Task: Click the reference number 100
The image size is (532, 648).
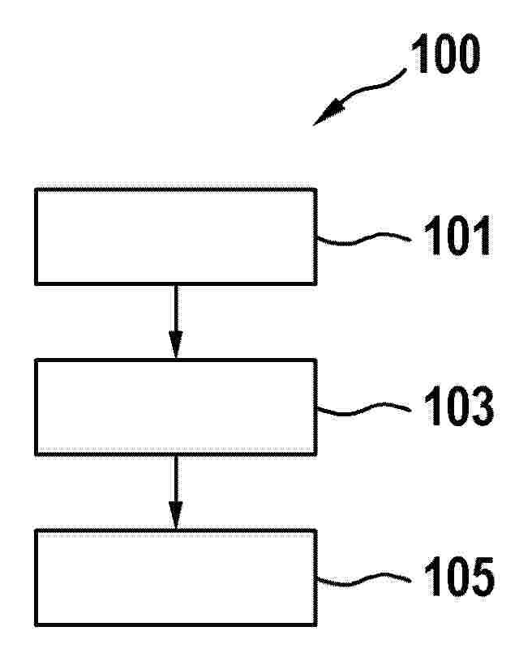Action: click(445, 53)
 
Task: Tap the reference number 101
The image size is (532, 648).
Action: click(457, 236)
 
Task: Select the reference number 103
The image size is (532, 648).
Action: click(459, 406)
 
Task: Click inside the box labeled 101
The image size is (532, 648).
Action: click(176, 237)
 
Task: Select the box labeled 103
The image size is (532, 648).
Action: click(176, 407)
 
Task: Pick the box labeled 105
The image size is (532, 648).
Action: click(176, 578)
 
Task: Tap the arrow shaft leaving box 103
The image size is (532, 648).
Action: click(176, 479)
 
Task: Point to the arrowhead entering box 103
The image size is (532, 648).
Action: click(176, 345)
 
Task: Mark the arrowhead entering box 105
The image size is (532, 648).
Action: click(176, 515)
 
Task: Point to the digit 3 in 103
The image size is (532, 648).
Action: click(480, 406)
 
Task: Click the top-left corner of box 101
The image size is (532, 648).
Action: click(36, 189)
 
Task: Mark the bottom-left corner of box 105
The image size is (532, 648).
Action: click(36, 625)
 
